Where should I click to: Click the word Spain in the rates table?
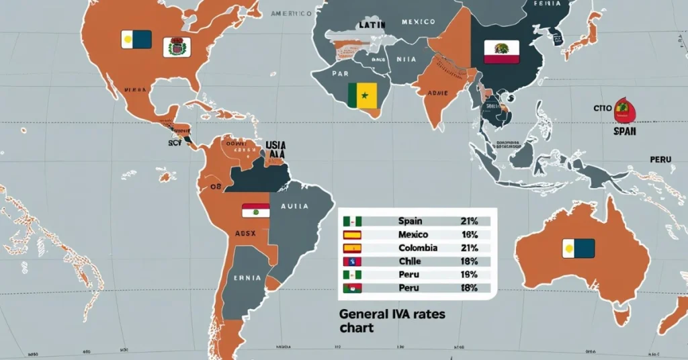pyautogui.click(x=410, y=221)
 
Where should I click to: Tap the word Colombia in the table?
pyautogui.click(x=418, y=248)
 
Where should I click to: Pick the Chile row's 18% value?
pyautogui.click(x=468, y=261)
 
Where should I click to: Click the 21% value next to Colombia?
pyautogui.click(x=468, y=248)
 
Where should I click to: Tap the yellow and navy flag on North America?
pyautogui.click(x=136, y=40)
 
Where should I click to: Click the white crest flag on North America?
pyautogui.click(x=177, y=47)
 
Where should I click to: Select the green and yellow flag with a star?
pyautogui.click(x=363, y=95)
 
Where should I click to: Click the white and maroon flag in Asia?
pyautogui.click(x=502, y=52)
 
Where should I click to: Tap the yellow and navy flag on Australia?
pyautogui.click(x=578, y=249)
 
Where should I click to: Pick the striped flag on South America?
pyautogui.click(x=255, y=210)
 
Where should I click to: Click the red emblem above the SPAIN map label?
pyautogui.click(x=621, y=109)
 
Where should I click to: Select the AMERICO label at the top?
pyautogui.click(x=290, y=13)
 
